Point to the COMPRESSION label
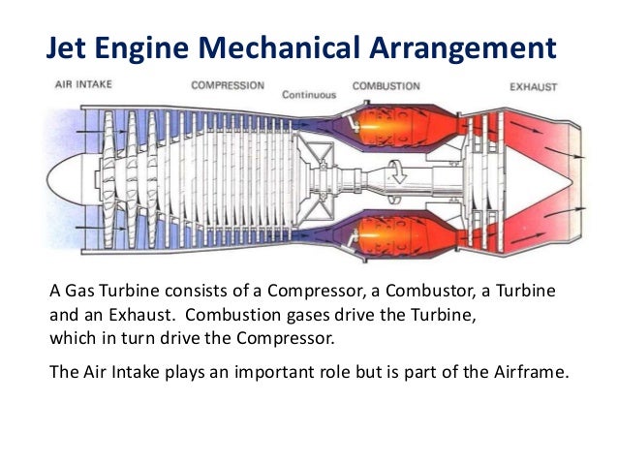click(x=230, y=86)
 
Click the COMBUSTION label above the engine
click(x=386, y=86)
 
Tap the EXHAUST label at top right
click(x=533, y=87)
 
